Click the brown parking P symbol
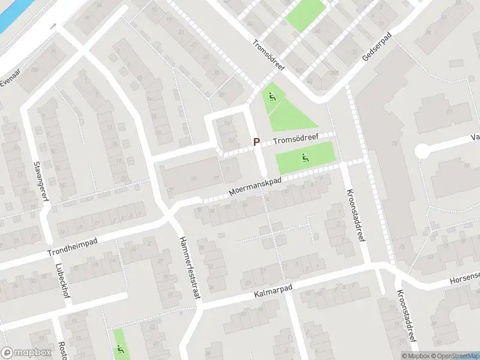tap(256, 142)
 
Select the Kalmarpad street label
tap(273, 291)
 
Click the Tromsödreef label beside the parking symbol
tap(295, 139)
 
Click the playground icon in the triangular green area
tap(273, 97)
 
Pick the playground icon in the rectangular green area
tap(304, 158)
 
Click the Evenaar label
tap(10, 81)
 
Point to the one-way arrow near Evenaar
tap(54, 26)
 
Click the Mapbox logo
tap(26, 353)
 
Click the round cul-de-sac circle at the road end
tap(424, 151)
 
